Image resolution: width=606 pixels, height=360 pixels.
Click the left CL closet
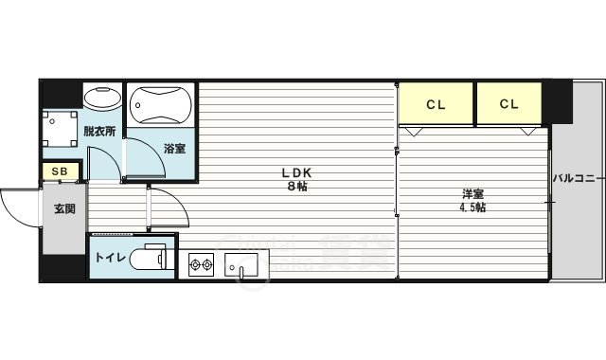click(x=436, y=104)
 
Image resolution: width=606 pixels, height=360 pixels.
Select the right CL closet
click(x=508, y=104)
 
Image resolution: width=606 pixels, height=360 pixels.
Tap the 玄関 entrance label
click(x=63, y=209)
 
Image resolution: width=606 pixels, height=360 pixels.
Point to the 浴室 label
click(x=173, y=149)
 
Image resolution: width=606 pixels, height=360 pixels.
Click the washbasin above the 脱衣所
click(x=102, y=98)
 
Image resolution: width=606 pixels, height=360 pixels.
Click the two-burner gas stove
click(x=202, y=263)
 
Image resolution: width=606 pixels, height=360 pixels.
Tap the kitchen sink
click(x=241, y=265)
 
